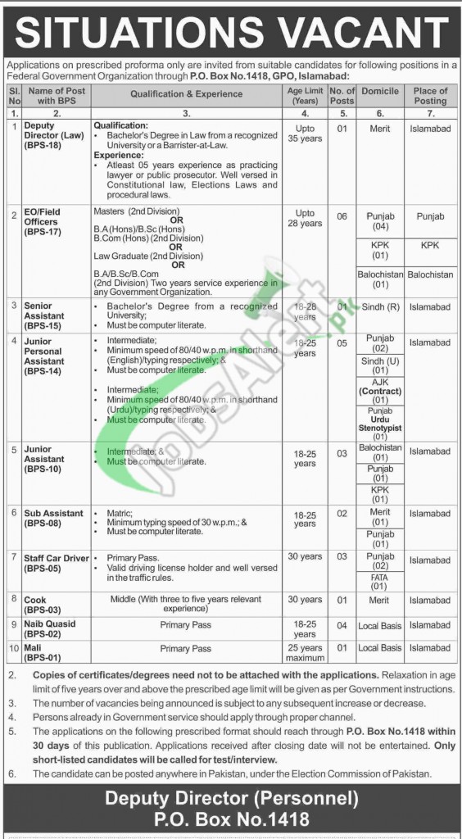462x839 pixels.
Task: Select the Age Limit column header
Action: click(x=304, y=95)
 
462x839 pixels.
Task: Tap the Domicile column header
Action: click(x=380, y=95)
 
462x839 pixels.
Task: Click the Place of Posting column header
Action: click(x=430, y=95)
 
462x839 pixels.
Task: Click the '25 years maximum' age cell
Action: click(x=304, y=652)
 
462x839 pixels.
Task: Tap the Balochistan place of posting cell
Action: click(x=430, y=274)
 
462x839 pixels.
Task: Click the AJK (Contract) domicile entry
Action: click(x=380, y=387)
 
